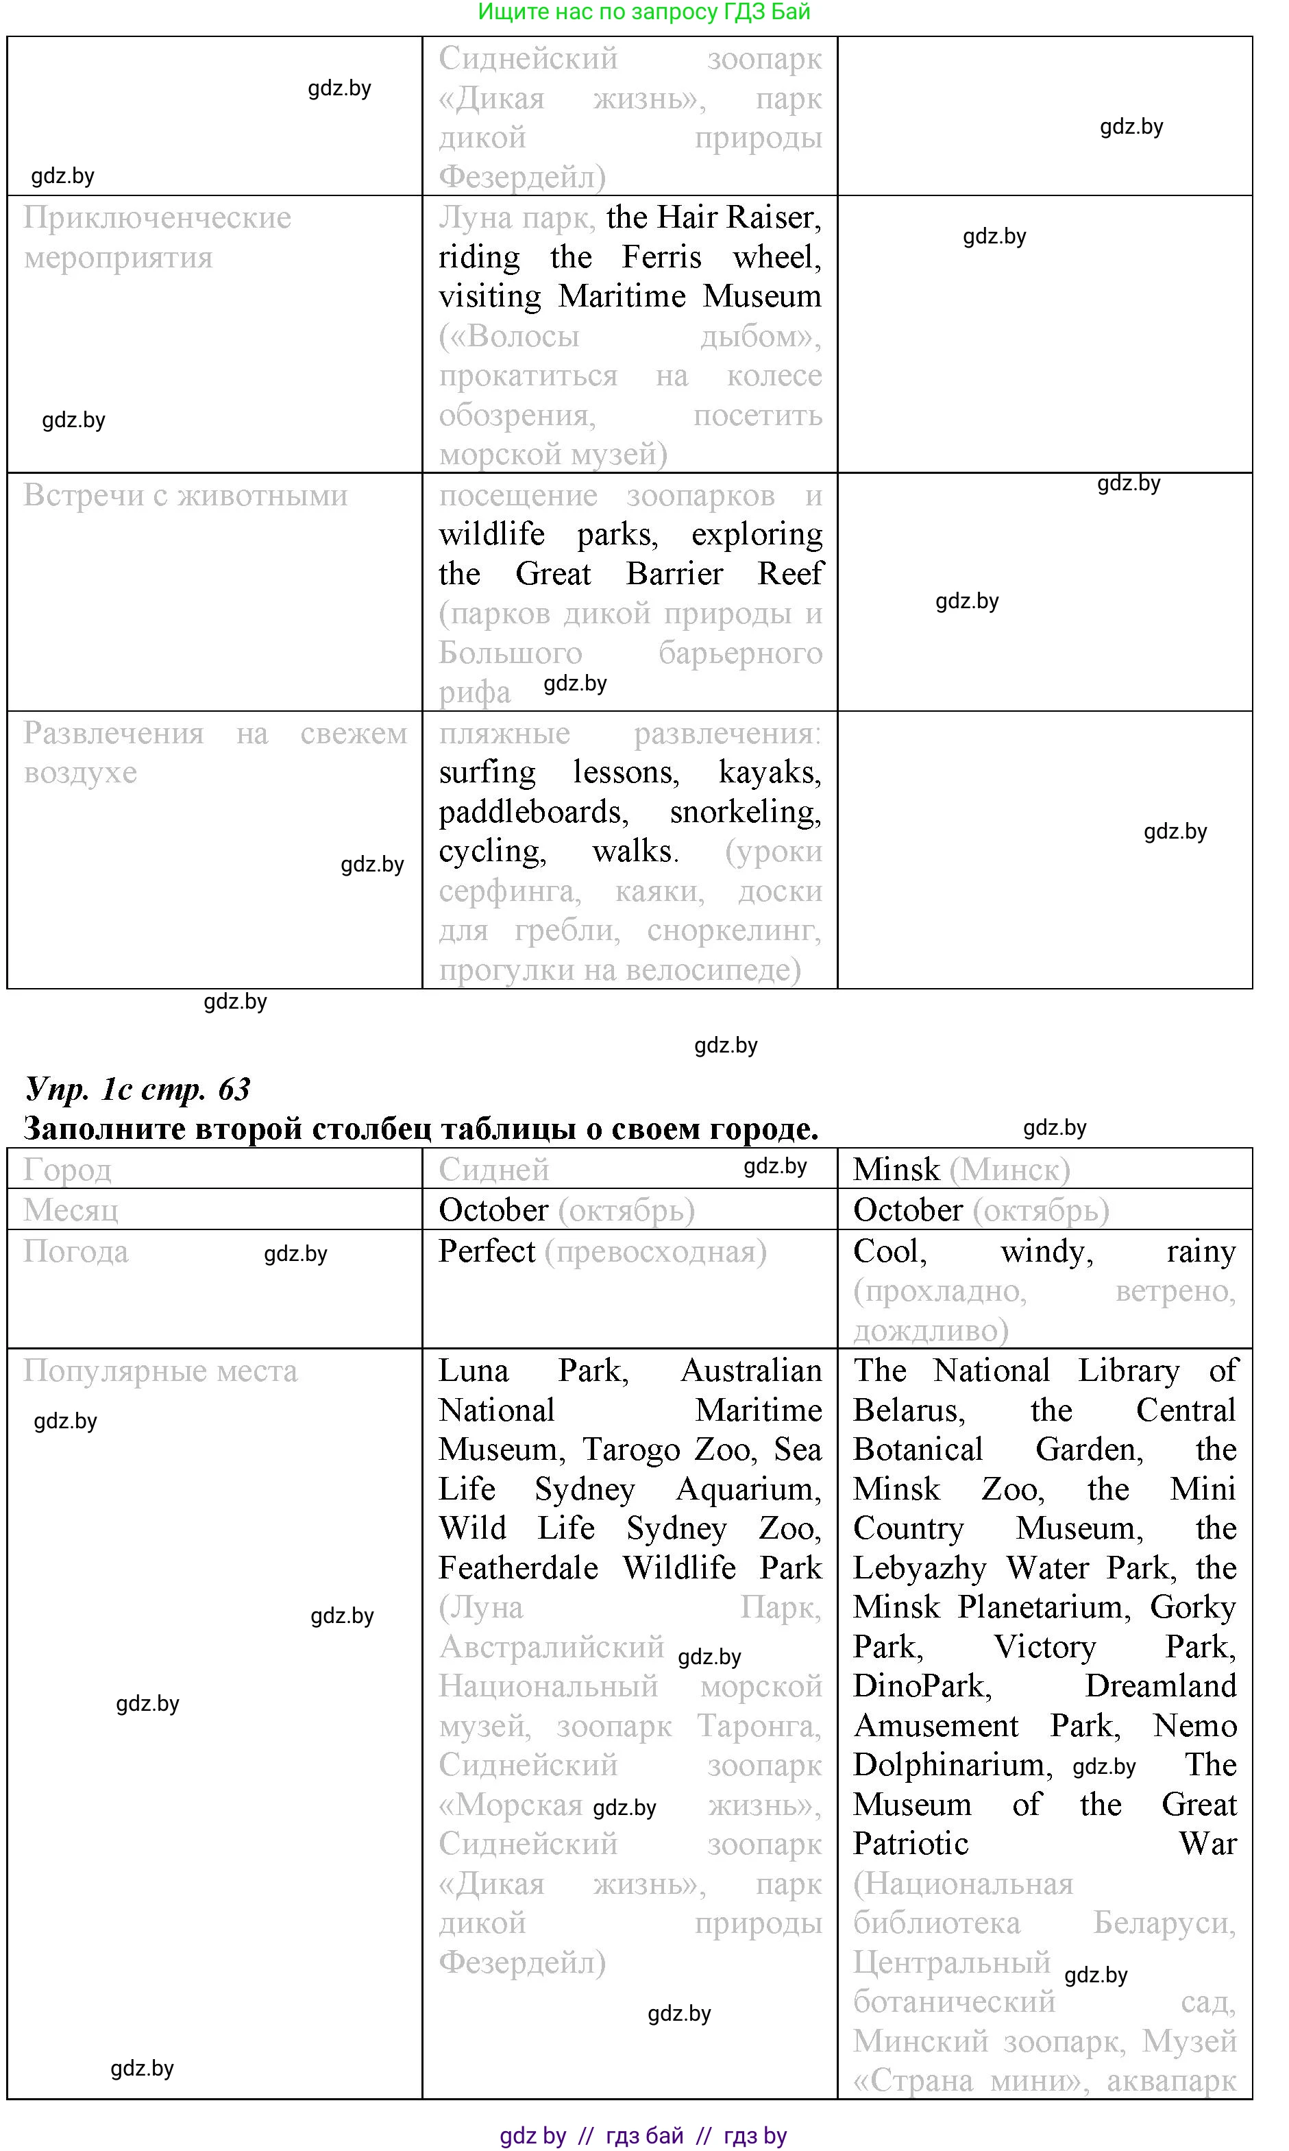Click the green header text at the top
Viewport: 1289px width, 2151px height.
(643, 12)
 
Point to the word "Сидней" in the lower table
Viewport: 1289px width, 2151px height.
(493, 1170)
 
